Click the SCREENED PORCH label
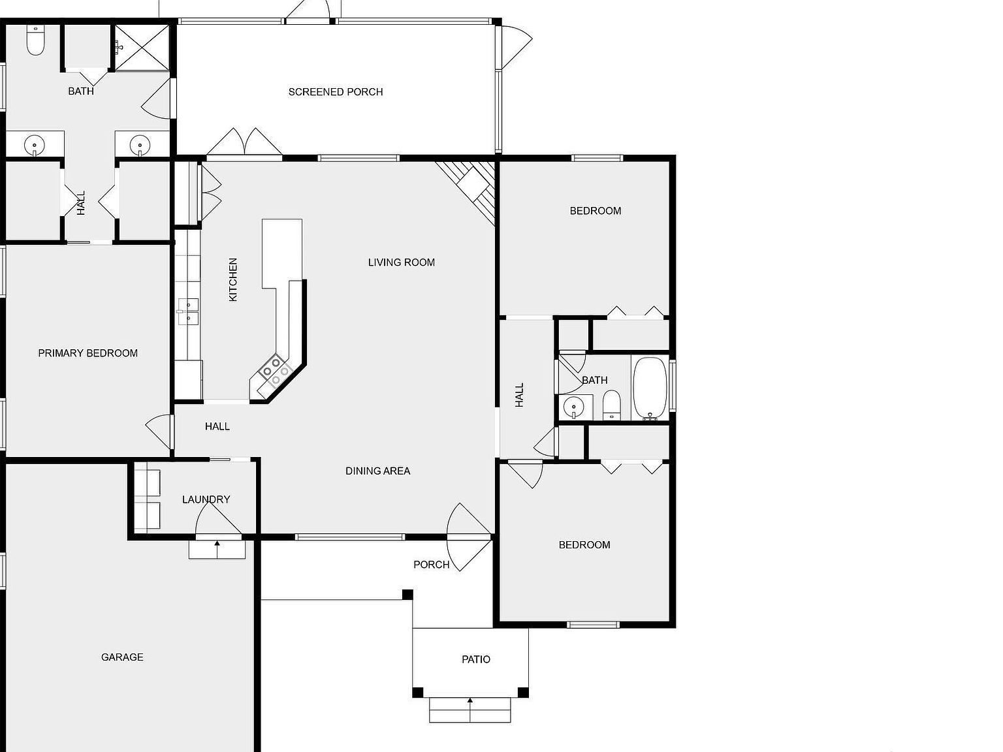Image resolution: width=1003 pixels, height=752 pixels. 336,92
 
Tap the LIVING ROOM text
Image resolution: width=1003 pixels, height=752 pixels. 401,262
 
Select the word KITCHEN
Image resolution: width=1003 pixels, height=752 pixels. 233,279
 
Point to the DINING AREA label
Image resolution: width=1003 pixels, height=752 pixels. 377,471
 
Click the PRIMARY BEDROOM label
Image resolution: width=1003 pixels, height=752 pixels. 88,353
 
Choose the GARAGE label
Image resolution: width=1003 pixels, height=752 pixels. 122,657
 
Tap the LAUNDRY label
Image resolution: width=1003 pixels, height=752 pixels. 206,499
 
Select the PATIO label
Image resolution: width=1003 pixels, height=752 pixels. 475,659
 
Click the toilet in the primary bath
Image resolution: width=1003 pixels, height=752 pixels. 35,41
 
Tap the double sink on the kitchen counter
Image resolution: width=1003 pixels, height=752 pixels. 188,311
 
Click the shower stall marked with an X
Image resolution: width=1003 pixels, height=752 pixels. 142,47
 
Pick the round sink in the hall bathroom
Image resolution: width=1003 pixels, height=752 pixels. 574,407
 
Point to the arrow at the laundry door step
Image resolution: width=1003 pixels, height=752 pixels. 217,543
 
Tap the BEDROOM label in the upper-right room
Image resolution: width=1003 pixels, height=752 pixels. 595,211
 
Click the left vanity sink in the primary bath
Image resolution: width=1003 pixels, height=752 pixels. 34,144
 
